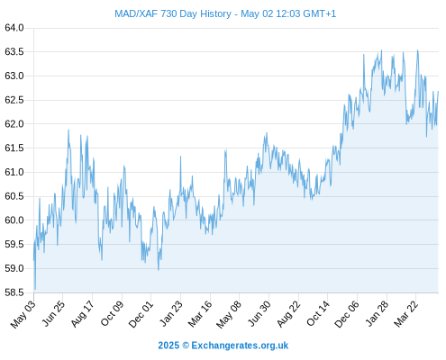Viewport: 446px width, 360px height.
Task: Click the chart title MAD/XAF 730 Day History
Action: tap(173, 13)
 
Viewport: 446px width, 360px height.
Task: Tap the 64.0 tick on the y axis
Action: tap(14, 28)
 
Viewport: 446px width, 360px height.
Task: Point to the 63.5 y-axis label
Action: tap(14, 52)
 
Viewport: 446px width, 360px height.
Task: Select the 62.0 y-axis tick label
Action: tap(14, 124)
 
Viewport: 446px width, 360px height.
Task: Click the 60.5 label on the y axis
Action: tap(14, 196)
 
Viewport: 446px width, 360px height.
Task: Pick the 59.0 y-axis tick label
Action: tap(14, 268)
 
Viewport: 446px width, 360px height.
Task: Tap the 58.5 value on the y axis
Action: tap(14, 292)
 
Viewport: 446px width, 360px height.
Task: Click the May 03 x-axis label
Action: tap(23, 314)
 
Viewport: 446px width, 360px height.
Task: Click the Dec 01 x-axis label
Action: tap(141, 314)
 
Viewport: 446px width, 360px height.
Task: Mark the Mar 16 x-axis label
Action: tap(199, 314)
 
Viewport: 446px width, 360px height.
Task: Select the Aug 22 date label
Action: tap(288, 314)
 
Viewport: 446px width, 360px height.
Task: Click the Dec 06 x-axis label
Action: tap(347, 314)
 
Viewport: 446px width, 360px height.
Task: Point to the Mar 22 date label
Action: tap(405, 314)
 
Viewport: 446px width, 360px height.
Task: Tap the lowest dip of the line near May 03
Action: tap(35, 289)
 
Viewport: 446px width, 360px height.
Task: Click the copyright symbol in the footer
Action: tap(186, 346)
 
